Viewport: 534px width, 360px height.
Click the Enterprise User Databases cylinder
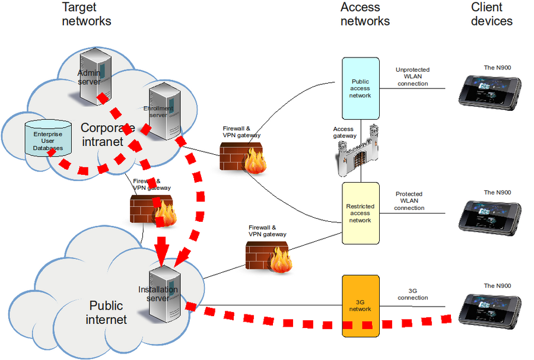[x=47, y=141]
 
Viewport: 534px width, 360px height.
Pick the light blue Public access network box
[x=360, y=88]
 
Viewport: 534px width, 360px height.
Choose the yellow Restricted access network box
[x=360, y=213]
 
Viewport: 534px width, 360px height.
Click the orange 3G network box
[x=360, y=305]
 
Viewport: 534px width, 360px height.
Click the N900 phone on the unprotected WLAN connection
[x=491, y=91]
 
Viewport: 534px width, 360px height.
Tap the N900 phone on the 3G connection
[x=491, y=308]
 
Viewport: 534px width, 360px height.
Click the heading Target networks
[x=87, y=14]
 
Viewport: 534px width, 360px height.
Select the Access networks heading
[x=365, y=14]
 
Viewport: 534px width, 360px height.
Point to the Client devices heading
[x=491, y=14]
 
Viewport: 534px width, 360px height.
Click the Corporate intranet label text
[x=107, y=135]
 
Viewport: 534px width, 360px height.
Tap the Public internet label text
[x=106, y=313]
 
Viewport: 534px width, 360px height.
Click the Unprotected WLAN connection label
[x=412, y=77]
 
